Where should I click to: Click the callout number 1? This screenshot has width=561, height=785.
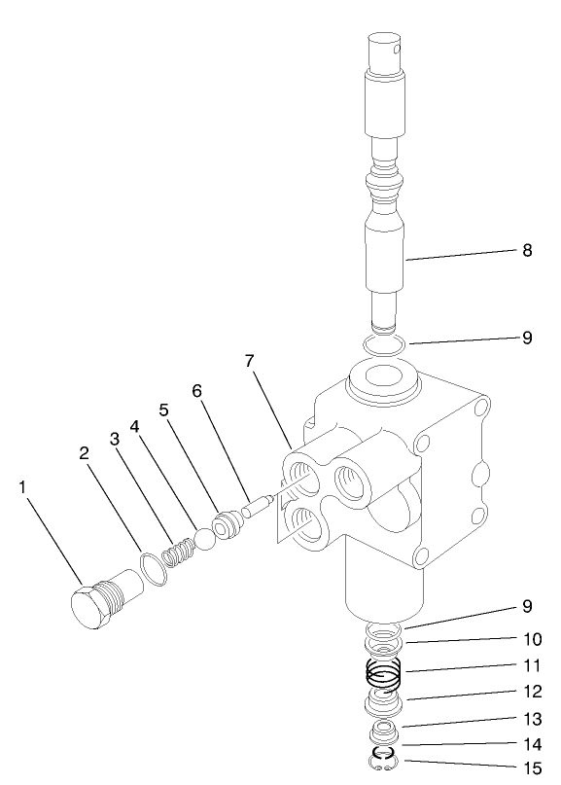tap(22, 486)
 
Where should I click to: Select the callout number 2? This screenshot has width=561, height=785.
tap(85, 453)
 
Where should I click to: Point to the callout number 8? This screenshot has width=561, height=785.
tap(526, 250)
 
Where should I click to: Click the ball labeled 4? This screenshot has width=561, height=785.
tap(205, 539)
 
